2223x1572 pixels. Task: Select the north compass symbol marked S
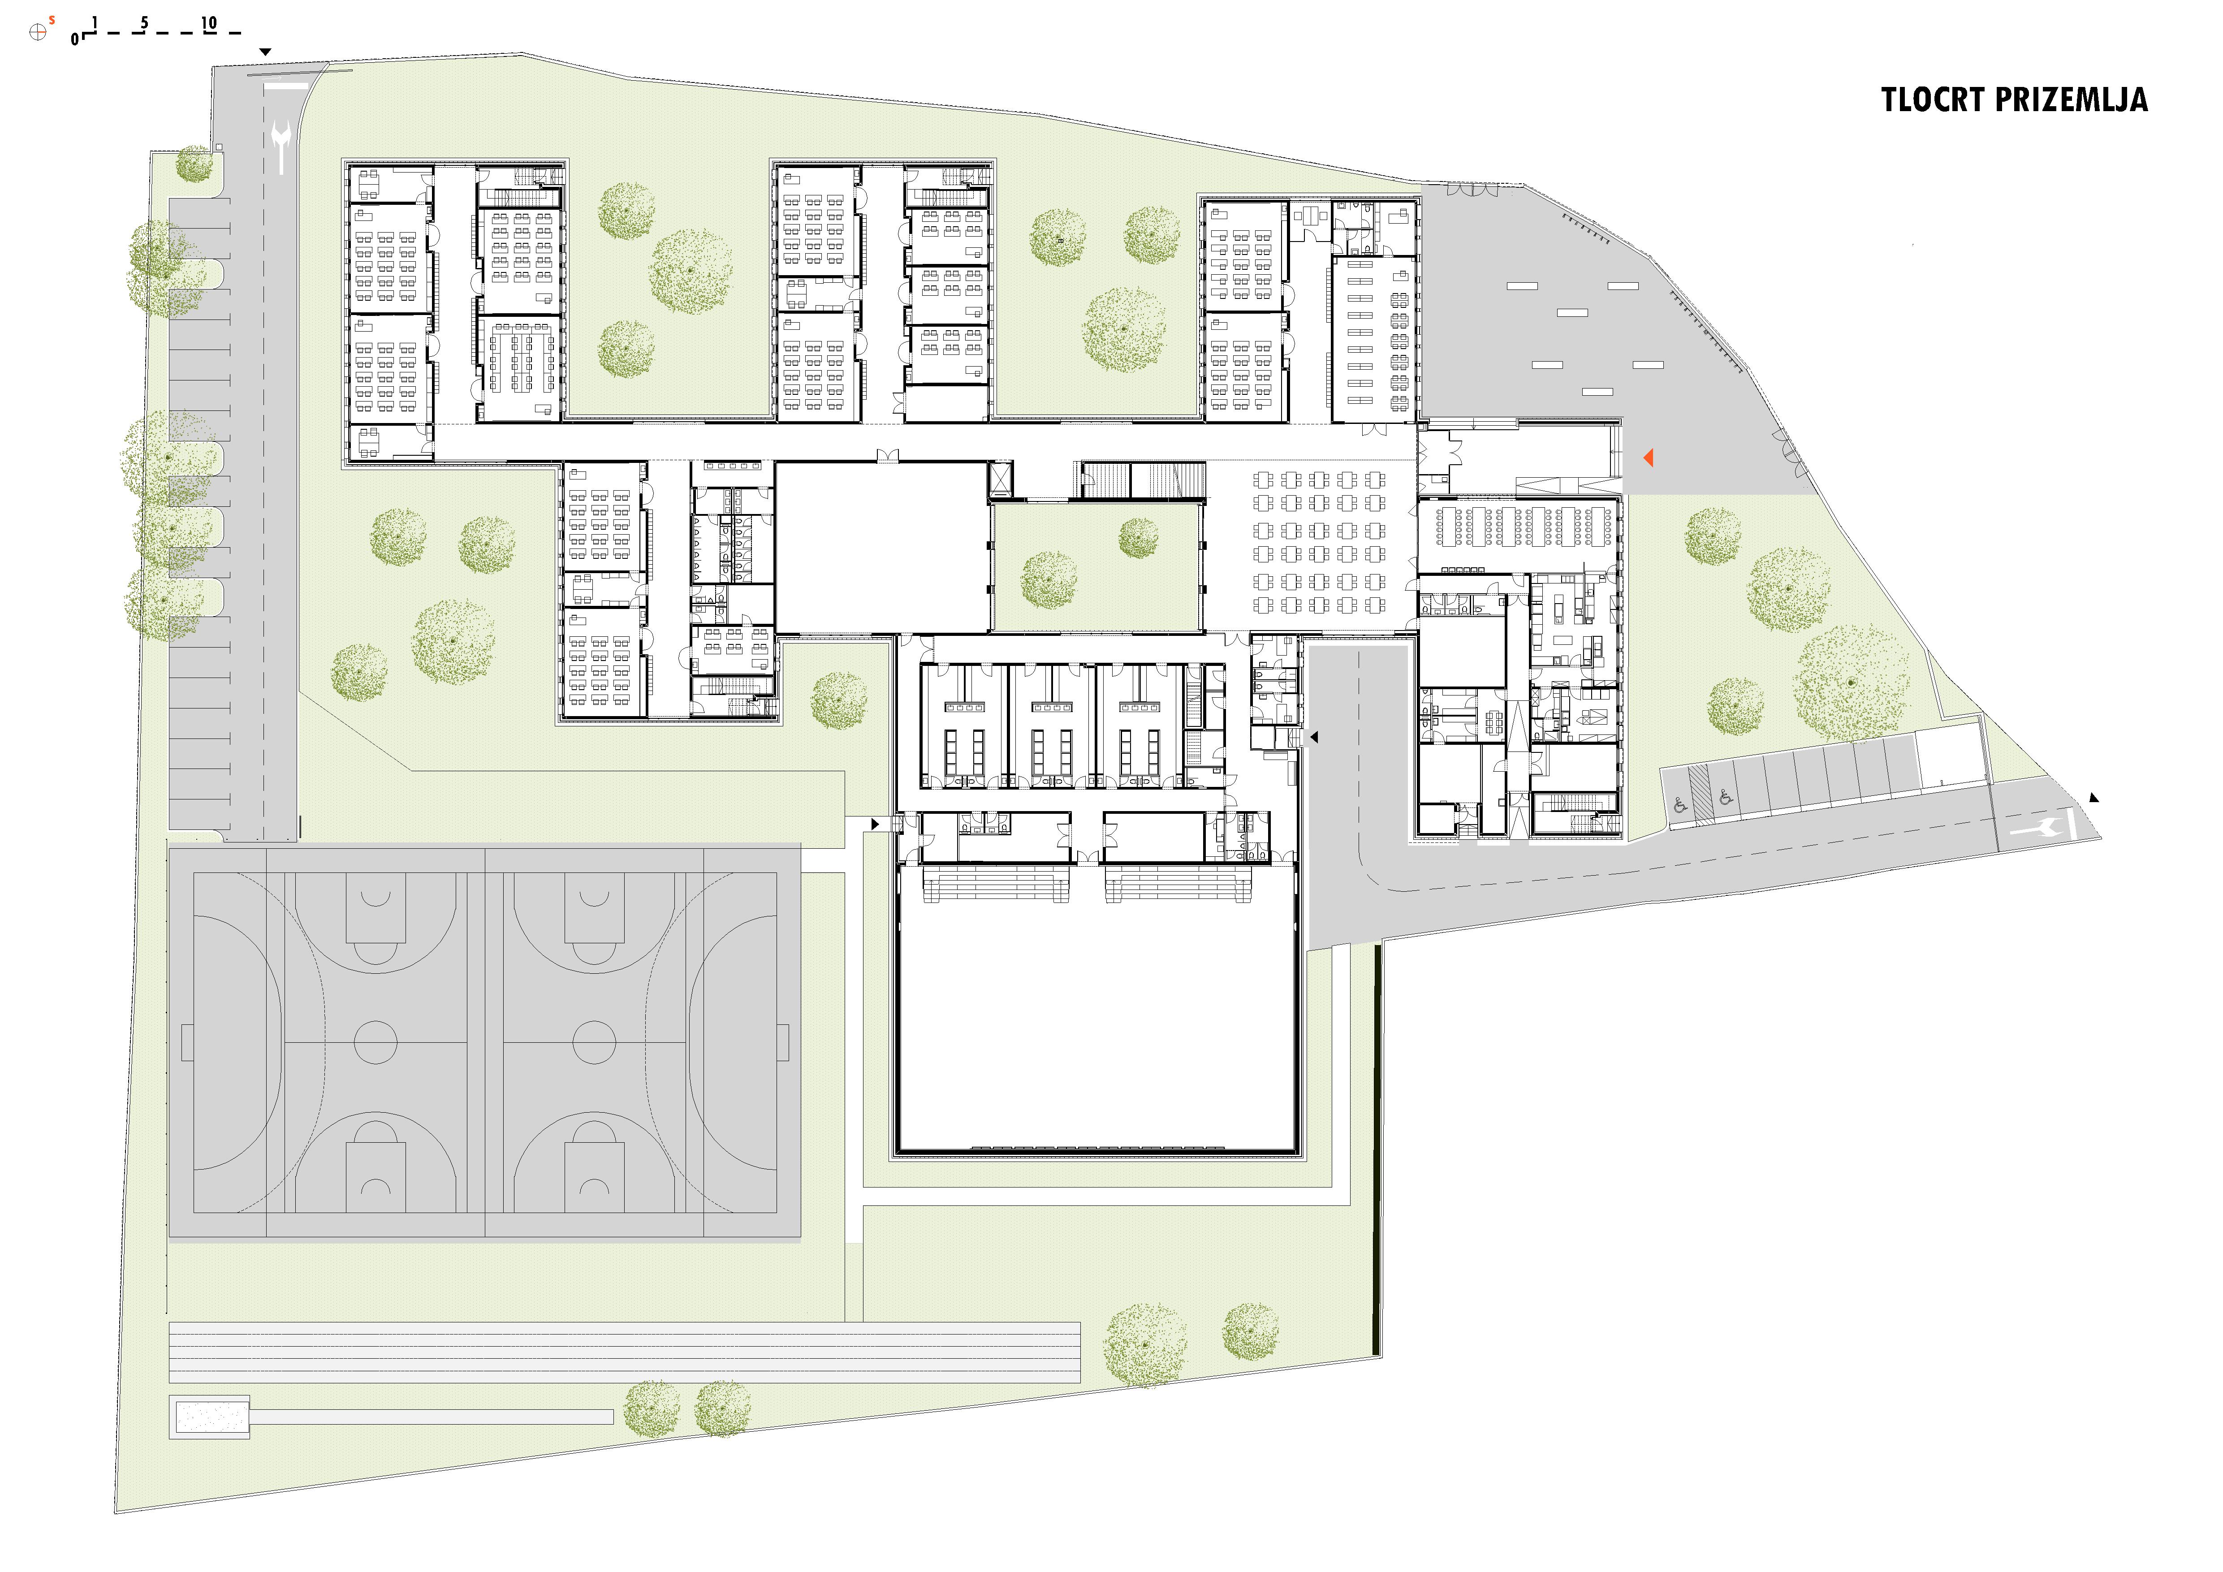[x=39, y=31]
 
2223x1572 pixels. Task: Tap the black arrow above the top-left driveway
[x=265, y=52]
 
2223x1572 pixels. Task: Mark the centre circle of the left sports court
[x=376, y=1042]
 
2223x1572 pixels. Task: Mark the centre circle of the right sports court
[x=595, y=1042]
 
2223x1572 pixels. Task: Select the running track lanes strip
[x=625, y=1352]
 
